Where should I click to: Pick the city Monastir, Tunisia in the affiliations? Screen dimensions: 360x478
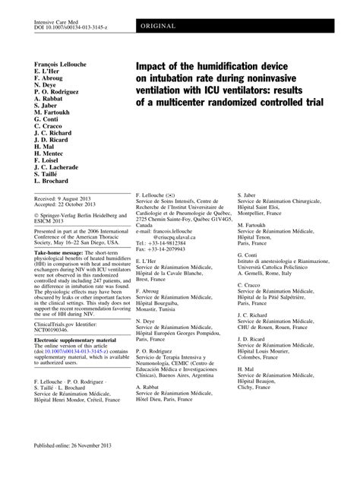156,311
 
